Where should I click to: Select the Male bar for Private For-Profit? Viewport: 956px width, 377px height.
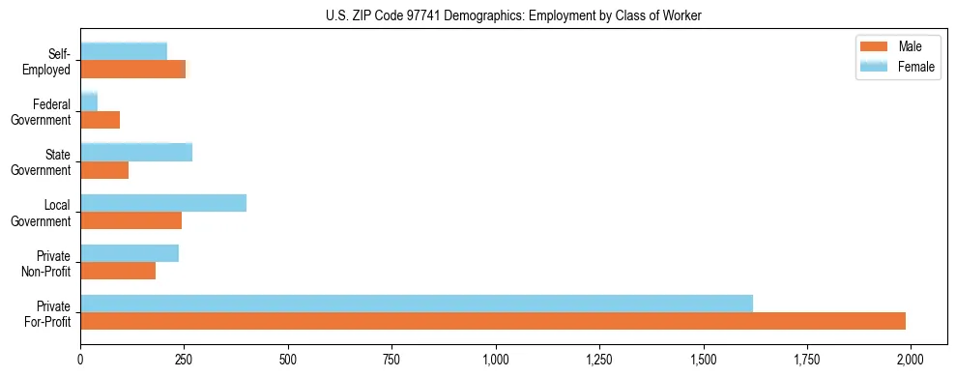pyautogui.click(x=493, y=321)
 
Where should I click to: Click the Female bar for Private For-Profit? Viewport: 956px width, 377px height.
pyautogui.click(x=417, y=303)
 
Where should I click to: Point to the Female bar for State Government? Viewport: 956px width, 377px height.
pyautogui.click(x=136, y=152)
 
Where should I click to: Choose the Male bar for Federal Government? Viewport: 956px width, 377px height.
pyautogui.click(x=100, y=120)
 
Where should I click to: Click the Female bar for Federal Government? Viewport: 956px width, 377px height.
pyautogui.click(x=89, y=101)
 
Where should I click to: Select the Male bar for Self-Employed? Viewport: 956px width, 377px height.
pyautogui.click(x=132, y=70)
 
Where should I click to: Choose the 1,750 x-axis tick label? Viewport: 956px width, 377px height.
pyautogui.click(x=807, y=359)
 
